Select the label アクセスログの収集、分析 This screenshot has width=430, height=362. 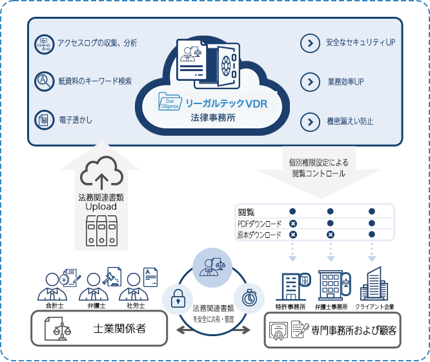[x=97, y=43]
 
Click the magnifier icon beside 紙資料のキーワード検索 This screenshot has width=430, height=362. [x=43, y=81]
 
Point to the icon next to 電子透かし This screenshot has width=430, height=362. [x=43, y=120]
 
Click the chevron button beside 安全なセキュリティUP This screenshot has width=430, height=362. [x=310, y=43]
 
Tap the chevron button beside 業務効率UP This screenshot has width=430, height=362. [x=310, y=83]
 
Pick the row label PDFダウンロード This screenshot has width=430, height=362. [x=260, y=223]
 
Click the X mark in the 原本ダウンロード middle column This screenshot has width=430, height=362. [x=331, y=235]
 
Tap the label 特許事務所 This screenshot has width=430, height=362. [x=290, y=306]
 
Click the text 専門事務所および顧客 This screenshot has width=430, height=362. [x=353, y=330]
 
